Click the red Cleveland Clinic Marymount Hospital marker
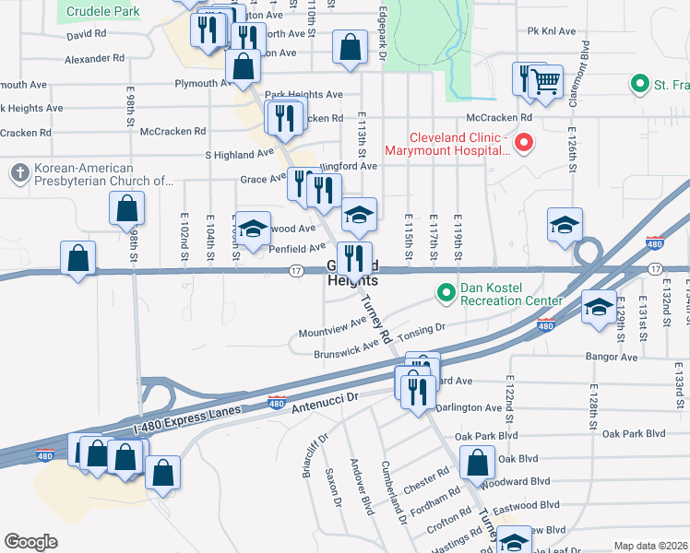coord(524,143)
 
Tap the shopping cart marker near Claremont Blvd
coord(546,82)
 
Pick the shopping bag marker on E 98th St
coord(128,209)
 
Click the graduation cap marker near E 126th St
coord(565,225)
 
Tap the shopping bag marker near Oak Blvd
coord(477,464)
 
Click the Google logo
coord(31,541)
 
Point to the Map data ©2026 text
coord(650,546)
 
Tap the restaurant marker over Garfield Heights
coord(355,257)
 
